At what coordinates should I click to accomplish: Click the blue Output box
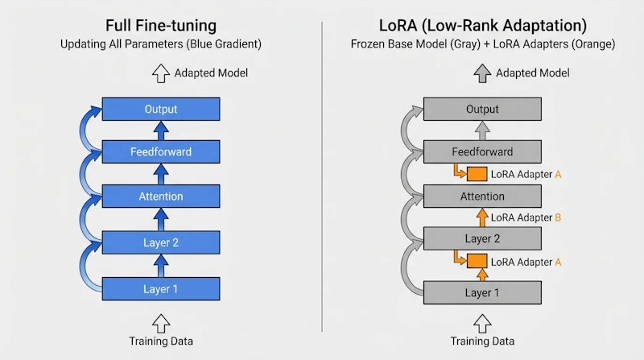[x=161, y=109]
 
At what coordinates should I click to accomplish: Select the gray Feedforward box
[x=482, y=151]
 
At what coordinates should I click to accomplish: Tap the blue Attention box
[x=161, y=196]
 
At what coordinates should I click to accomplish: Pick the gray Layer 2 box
[x=482, y=238]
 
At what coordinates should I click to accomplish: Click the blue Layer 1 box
[x=161, y=289]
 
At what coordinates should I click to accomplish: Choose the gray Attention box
[x=482, y=196]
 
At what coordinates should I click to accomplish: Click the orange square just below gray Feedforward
[x=477, y=174]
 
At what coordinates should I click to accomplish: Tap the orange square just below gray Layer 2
[x=477, y=261]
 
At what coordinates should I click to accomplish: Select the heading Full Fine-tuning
[x=160, y=26]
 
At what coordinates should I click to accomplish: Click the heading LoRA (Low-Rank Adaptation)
[x=483, y=26]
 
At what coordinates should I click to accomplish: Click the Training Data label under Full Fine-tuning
[x=161, y=341]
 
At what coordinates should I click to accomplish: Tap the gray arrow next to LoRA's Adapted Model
[x=481, y=73]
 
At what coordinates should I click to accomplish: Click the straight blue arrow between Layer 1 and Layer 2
[x=161, y=261]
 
